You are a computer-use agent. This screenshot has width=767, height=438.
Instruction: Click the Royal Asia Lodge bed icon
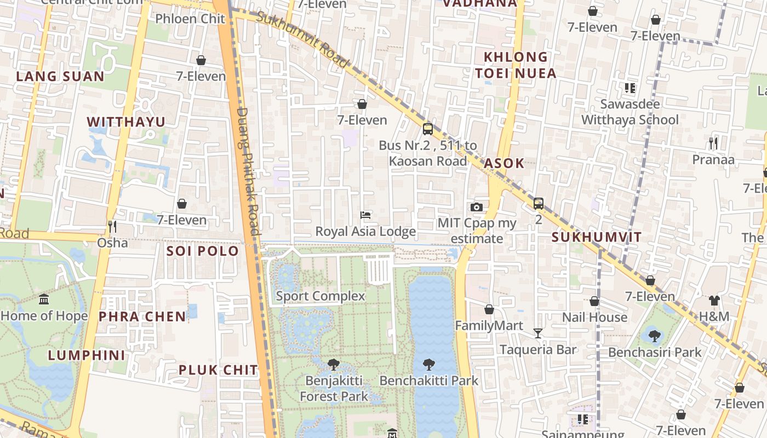pyautogui.click(x=365, y=215)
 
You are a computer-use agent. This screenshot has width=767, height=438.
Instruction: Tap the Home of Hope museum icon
pyautogui.click(x=44, y=299)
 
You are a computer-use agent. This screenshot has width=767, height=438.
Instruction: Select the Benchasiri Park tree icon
pyautogui.click(x=654, y=336)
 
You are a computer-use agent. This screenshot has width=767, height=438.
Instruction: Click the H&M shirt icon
pyautogui.click(x=714, y=300)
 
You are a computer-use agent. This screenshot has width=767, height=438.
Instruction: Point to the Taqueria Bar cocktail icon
pyautogui.click(x=538, y=333)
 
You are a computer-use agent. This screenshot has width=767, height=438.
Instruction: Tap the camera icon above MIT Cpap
pyautogui.click(x=477, y=207)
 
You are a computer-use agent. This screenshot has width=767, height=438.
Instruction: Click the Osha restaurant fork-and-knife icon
pyautogui.click(x=112, y=226)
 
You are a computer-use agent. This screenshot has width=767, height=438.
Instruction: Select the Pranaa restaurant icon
pyautogui.click(x=713, y=143)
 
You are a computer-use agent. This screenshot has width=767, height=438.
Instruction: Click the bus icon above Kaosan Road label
pyautogui.click(x=428, y=129)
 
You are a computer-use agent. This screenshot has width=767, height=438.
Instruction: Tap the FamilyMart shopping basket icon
pyautogui.click(x=489, y=309)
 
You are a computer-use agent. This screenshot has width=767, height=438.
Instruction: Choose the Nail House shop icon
pyautogui.click(x=594, y=301)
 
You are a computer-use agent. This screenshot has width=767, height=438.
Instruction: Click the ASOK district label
pyautogui.click(x=504, y=163)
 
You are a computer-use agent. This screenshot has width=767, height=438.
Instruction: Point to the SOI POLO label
pyautogui.click(x=203, y=251)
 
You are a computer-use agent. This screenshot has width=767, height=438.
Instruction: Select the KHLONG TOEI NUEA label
pyautogui.click(x=516, y=65)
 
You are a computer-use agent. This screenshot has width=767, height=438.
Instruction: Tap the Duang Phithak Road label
pyautogui.click(x=247, y=171)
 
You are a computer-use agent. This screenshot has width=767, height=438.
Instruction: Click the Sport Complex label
pyautogui.click(x=320, y=296)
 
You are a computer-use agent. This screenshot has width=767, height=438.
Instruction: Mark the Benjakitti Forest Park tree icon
pyautogui.click(x=333, y=364)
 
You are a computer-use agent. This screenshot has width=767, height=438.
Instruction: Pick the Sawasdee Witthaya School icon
pyautogui.click(x=629, y=88)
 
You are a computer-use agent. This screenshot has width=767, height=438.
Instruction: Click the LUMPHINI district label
pyautogui.click(x=87, y=355)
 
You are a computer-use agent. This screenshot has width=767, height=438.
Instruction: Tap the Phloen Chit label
pyautogui.click(x=190, y=19)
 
